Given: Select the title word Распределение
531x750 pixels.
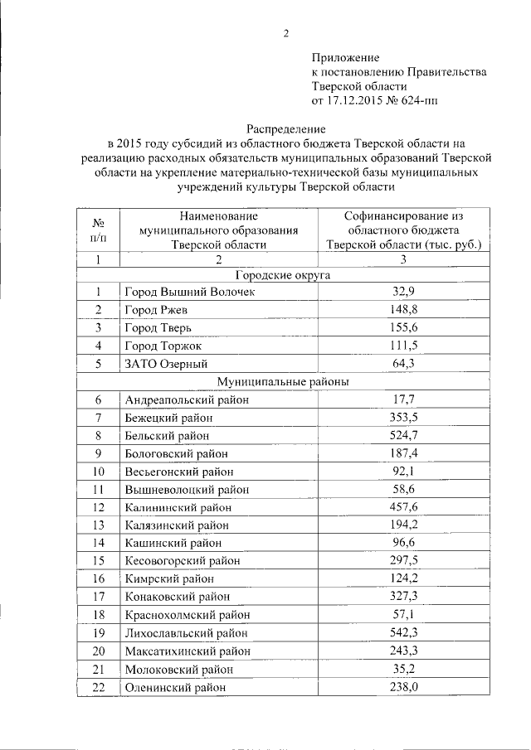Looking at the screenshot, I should click(287, 128).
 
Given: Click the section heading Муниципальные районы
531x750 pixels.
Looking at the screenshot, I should click(284, 381).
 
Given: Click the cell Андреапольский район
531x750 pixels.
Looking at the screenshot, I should click(187, 399).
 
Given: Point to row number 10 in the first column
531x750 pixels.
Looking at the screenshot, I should click(98, 472).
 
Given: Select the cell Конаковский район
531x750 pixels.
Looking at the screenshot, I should click(178, 597).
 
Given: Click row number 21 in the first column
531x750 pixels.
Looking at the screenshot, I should click(98, 669).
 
